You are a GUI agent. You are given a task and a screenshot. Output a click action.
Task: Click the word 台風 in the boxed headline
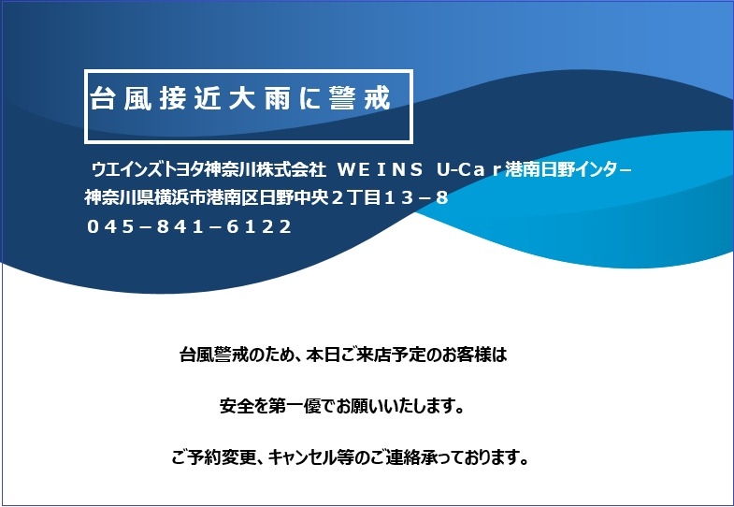(x=121, y=98)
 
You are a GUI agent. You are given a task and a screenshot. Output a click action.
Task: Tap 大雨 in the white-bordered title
(x=260, y=98)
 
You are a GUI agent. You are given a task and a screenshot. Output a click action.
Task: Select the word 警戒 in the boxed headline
(x=359, y=98)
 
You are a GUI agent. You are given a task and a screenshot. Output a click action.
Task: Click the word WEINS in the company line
(x=381, y=169)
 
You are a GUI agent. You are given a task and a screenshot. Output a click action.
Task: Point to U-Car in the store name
(x=469, y=169)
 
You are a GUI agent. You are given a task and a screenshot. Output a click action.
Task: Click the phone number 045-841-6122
(x=190, y=227)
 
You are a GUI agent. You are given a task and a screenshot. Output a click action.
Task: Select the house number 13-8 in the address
(x=416, y=198)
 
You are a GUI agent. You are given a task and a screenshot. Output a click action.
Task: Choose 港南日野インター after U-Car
(x=568, y=169)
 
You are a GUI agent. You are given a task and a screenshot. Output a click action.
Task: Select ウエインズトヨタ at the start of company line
(x=148, y=169)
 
